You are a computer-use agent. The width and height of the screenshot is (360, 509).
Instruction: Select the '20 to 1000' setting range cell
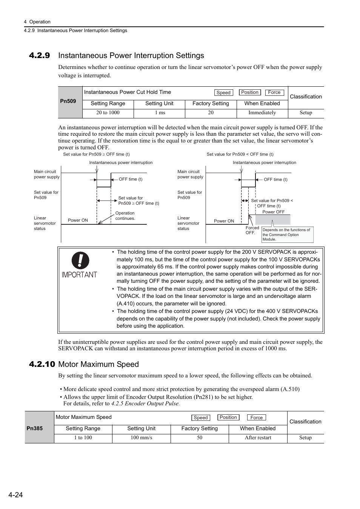point(108,113)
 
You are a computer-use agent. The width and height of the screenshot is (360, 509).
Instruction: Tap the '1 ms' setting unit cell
point(159,113)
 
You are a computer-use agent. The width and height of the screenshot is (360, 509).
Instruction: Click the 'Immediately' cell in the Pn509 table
point(262,113)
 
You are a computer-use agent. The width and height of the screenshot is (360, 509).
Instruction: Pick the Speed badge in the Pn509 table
point(223,93)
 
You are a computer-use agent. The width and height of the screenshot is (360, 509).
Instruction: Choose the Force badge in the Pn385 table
point(257,418)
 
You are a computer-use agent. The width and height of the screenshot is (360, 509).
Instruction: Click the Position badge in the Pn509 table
point(250,92)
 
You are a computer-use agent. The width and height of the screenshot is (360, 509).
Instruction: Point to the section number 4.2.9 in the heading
point(39,56)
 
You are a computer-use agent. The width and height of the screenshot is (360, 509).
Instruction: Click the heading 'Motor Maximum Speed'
point(98,364)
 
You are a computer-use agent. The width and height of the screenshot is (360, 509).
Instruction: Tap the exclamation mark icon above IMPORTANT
point(80,261)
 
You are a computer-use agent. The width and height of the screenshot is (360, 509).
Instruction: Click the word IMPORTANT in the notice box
point(79,275)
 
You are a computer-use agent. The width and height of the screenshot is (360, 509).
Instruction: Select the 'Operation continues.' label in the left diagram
point(125,216)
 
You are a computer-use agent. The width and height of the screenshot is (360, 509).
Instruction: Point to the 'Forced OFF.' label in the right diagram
point(252,230)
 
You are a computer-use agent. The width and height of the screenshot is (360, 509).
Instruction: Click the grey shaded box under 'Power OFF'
point(272,220)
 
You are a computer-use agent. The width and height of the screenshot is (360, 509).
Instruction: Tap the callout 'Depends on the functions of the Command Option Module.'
point(287,235)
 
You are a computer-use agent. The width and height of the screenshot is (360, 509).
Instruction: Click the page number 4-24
point(15,495)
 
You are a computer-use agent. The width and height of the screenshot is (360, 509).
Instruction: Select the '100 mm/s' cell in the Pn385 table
point(141,438)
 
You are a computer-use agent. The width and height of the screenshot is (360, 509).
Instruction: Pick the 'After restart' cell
point(258,438)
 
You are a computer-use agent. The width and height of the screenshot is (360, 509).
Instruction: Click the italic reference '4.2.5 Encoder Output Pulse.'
point(145,403)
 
